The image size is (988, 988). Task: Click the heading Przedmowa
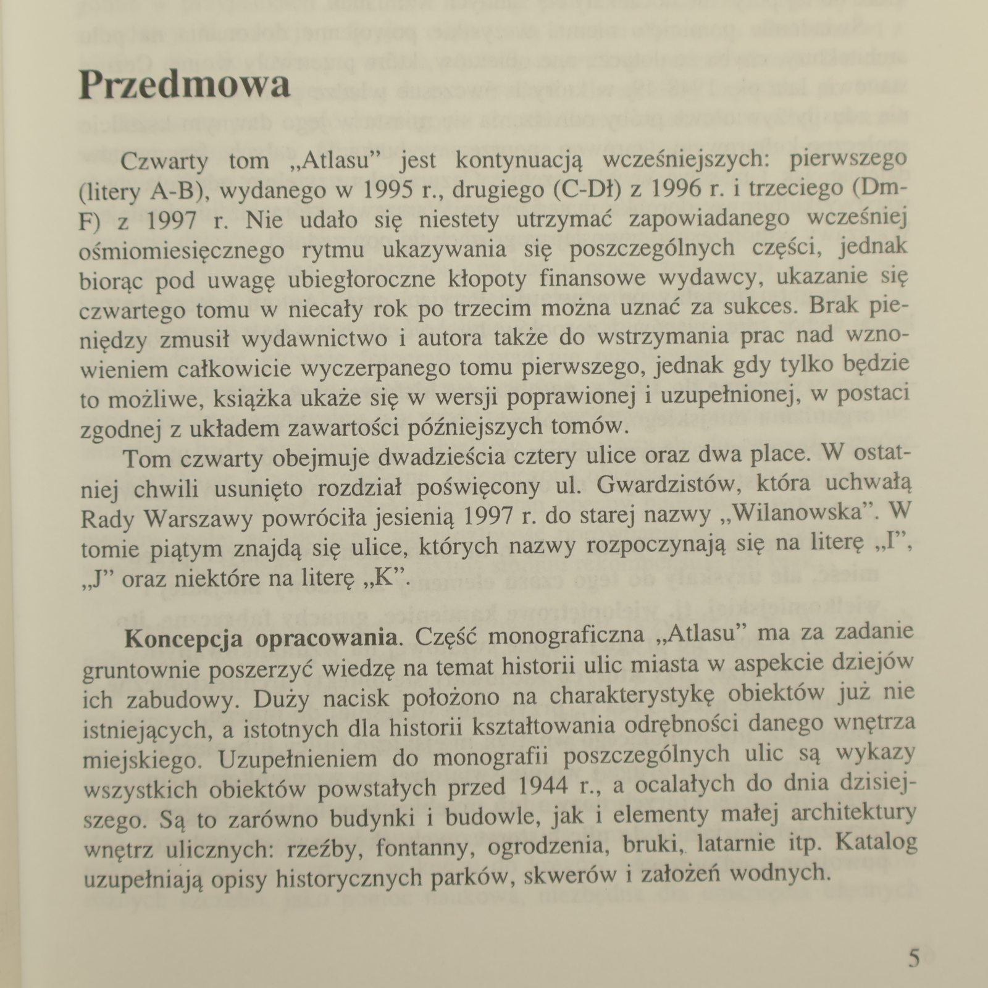[184, 85]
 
